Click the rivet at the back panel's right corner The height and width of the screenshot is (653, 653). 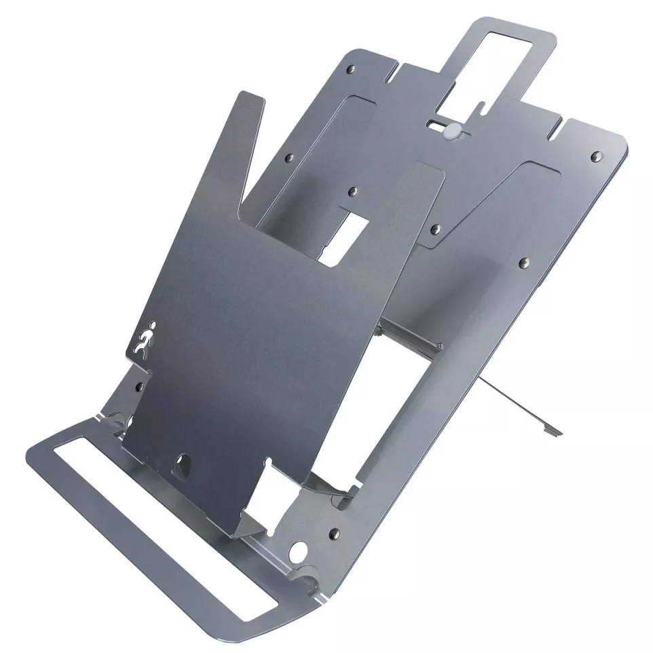coord(596,157)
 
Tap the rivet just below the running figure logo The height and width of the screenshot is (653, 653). coord(140,386)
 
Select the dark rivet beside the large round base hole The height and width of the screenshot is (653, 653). coord(333,534)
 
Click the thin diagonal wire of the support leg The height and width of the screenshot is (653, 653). coord(516,400)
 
